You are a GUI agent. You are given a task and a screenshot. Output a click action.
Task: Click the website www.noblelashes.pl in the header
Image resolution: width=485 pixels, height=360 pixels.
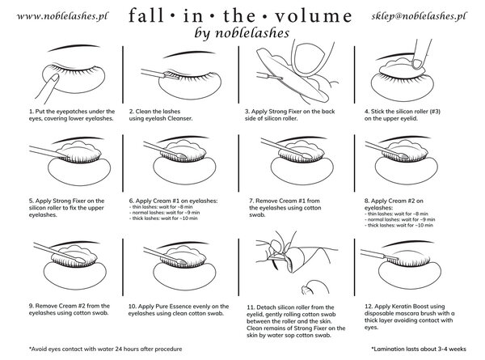pyautogui.click(x=49, y=15)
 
